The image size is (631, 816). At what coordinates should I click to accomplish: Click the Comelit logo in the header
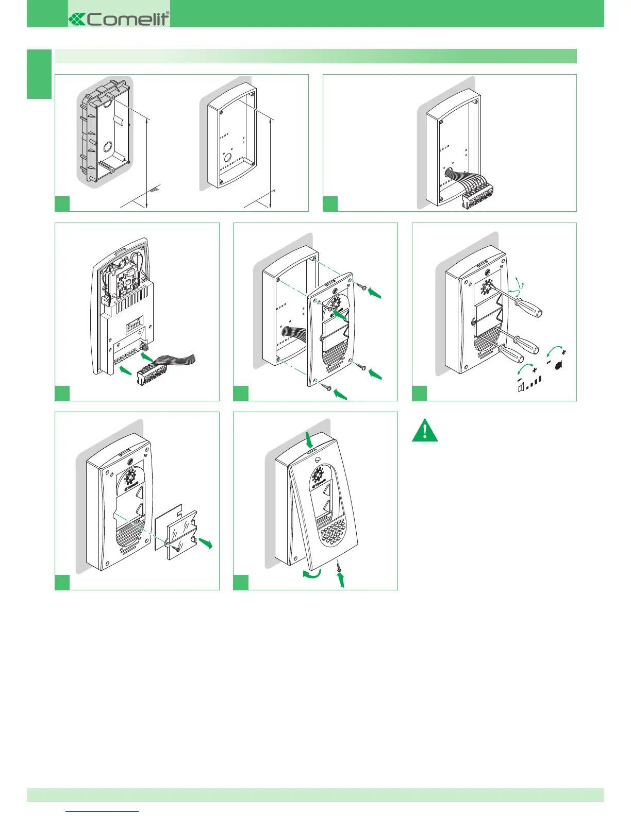click(x=119, y=19)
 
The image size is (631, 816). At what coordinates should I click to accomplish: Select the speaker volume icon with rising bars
click(x=530, y=384)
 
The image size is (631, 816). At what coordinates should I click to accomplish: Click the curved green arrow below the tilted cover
click(x=312, y=574)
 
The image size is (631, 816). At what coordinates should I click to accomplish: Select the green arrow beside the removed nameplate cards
click(x=206, y=542)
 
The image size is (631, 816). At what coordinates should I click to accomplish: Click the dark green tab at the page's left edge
click(x=39, y=74)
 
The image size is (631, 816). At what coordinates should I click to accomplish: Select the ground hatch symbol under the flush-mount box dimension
click(x=153, y=190)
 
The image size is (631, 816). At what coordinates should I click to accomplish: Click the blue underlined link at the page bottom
click(x=103, y=811)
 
